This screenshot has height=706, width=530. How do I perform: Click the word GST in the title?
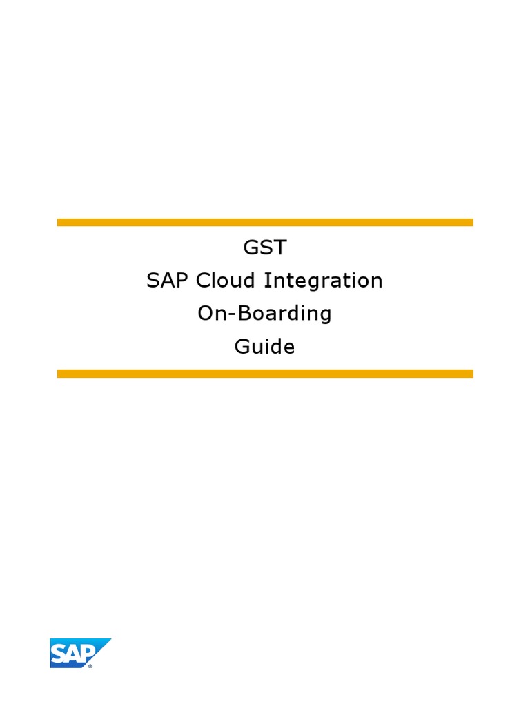click(x=264, y=247)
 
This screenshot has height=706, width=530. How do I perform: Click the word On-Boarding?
click(x=264, y=314)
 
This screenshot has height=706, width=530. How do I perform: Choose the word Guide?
click(x=264, y=346)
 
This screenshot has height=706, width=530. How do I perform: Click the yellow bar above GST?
click(x=264, y=223)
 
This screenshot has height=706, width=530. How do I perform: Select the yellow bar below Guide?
click(x=264, y=374)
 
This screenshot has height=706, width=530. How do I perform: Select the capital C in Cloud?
click(x=203, y=281)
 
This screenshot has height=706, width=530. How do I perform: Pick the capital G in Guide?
click(x=242, y=346)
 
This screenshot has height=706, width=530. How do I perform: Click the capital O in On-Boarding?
click(x=206, y=314)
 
